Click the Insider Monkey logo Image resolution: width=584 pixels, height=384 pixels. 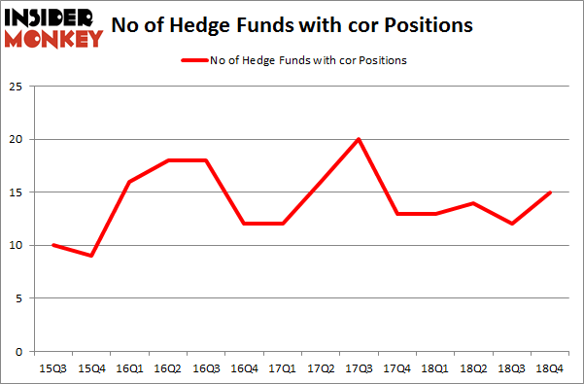pos(54,27)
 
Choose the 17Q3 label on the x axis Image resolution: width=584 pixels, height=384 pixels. pos(358,367)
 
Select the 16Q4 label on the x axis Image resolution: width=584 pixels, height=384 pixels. pos(244,367)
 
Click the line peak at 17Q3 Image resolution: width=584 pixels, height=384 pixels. pos(358,139)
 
